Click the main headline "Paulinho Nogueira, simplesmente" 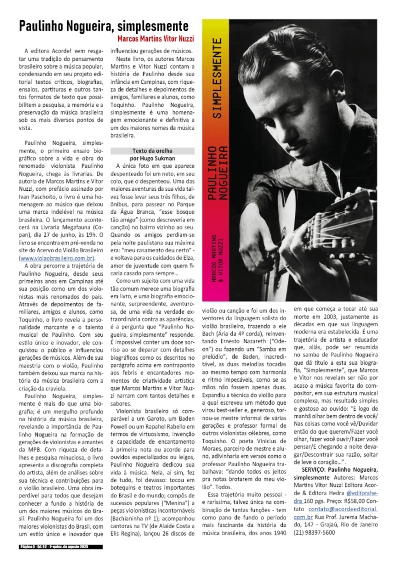(x=104, y=26)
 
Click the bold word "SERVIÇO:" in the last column (x=310, y=471)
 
